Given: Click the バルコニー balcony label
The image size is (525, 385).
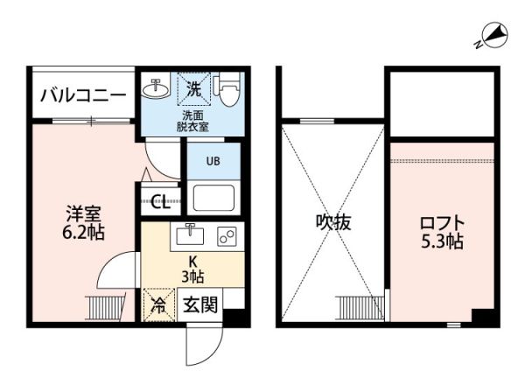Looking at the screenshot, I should tap(84, 94).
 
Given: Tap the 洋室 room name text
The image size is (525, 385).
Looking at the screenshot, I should tap(85, 213).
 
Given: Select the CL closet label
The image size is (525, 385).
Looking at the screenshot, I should tap(161, 203).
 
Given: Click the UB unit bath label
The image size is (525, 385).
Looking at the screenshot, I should tap(213, 161).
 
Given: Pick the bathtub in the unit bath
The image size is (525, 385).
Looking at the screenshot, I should tap(213, 197).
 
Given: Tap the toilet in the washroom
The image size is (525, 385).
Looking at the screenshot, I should tap(227, 90).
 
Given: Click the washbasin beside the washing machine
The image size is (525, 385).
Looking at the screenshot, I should tap(157, 87).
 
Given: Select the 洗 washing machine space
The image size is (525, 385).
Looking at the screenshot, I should tap(192, 88).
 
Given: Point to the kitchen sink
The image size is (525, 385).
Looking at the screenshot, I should tap(189, 234).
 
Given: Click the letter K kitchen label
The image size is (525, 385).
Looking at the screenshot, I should tap(194, 260).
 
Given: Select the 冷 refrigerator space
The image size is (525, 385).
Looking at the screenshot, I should tap(159, 305).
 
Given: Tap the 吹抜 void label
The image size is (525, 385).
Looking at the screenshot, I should tap(333, 222).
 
